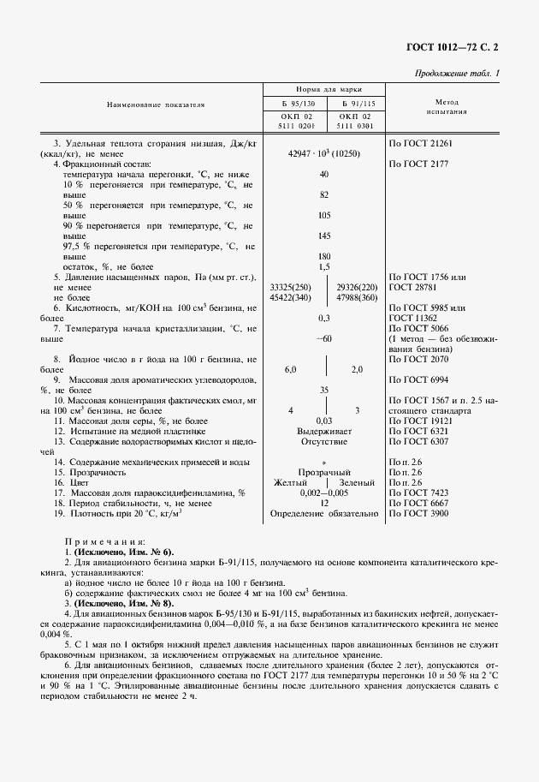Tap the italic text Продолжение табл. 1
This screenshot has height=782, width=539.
pyautogui.click(x=457, y=74)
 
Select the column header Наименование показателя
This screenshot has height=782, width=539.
pyautogui.click(x=156, y=105)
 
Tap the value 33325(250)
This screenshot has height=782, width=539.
pyautogui.click(x=291, y=287)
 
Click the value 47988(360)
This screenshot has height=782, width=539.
pyautogui.click(x=358, y=297)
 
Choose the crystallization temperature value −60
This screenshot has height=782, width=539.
pyautogui.click(x=324, y=338)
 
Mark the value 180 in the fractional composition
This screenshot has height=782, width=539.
pyautogui.click(x=324, y=256)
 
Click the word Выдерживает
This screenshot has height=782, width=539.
pyautogui.click(x=324, y=431)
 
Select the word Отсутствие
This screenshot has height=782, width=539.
pyautogui.click(x=324, y=441)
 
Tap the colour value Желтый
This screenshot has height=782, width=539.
pyautogui.click(x=292, y=482)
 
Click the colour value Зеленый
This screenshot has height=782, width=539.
pyautogui.click(x=357, y=482)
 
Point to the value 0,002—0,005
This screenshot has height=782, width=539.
pyautogui.click(x=324, y=492)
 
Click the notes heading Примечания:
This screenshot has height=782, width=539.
pyautogui.click(x=104, y=541)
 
